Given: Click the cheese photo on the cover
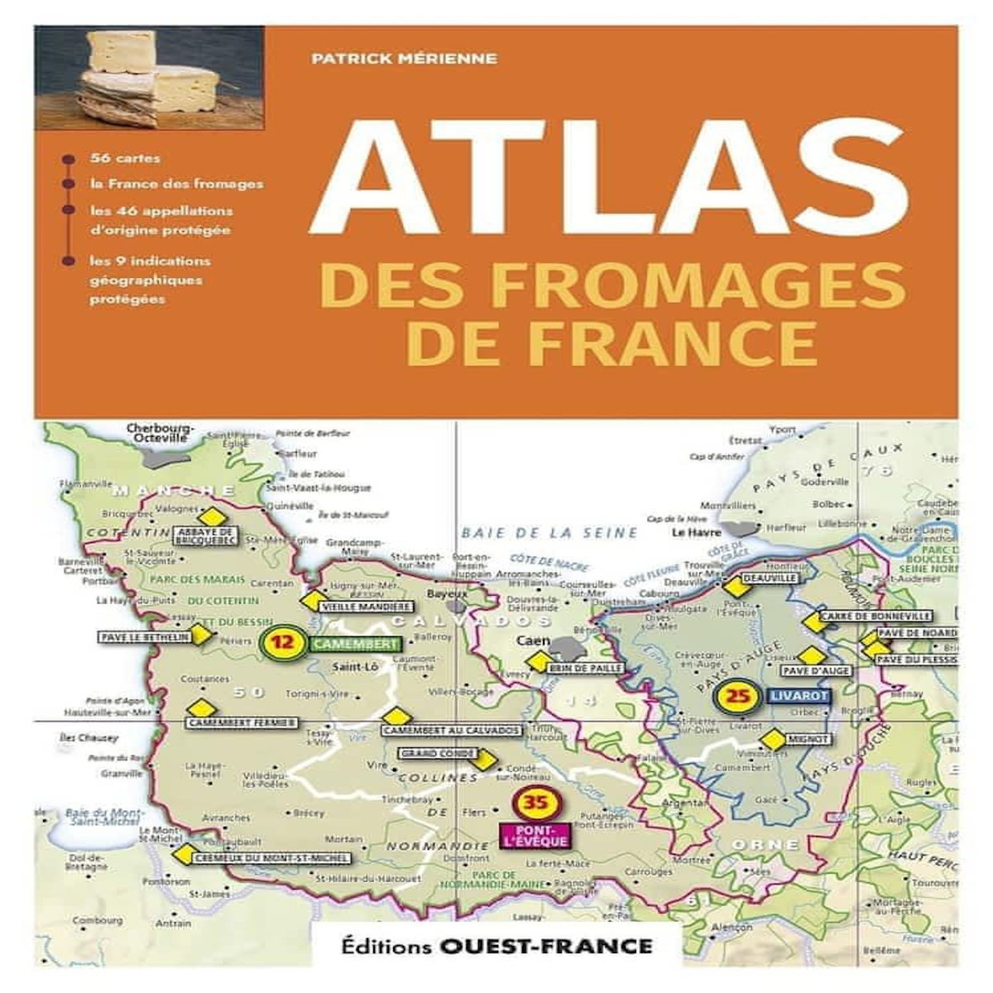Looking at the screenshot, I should (150, 78).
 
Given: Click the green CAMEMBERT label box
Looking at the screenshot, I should (357, 645).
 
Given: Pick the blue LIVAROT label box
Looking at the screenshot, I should (799, 697).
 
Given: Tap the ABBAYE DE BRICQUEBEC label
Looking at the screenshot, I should (206, 535).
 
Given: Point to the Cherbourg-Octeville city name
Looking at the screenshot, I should (160, 434).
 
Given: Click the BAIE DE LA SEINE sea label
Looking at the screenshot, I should (550, 532).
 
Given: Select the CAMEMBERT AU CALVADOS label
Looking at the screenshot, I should (452, 731).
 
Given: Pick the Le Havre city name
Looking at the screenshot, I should (693, 533).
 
